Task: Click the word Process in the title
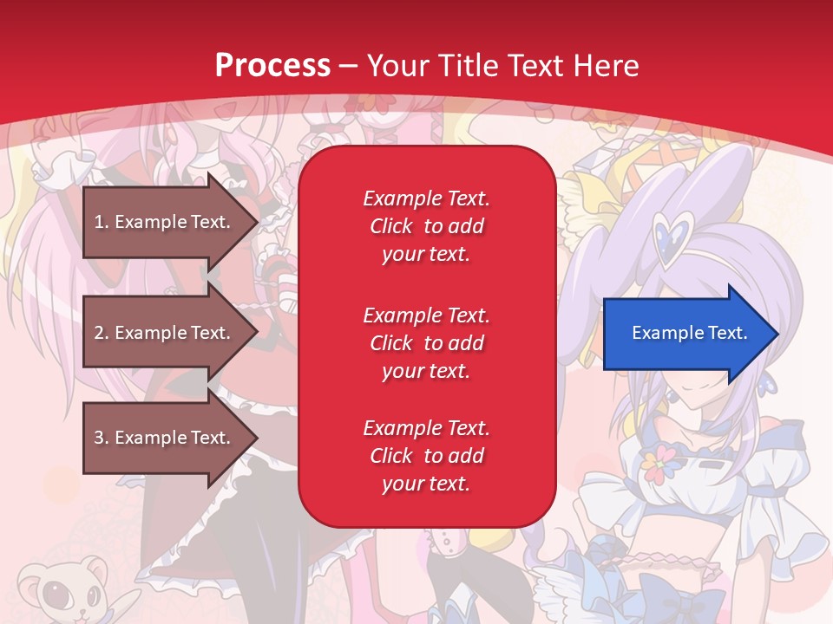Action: [272, 65]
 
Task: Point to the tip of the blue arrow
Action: [776, 334]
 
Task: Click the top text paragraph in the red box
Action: [426, 226]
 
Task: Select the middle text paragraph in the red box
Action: [426, 343]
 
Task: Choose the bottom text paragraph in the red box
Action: [426, 456]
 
